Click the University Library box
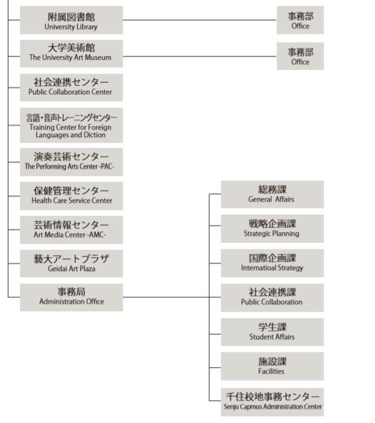click(x=72, y=20)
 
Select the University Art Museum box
click(x=72, y=53)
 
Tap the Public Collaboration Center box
click(x=72, y=87)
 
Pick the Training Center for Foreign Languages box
click(x=72, y=125)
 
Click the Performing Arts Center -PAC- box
click(x=72, y=162)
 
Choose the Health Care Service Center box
click(x=72, y=196)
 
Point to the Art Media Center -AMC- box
click(x=72, y=230)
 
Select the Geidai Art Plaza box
click(x=72, y=263)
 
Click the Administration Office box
click(x=72, y=297)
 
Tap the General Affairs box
click(x=272, y=194)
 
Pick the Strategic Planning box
click(x=272, y=229)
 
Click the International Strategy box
click(x=272, y=263)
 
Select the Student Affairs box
click(x=272, y=332)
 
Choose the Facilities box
click(x=272, y=366)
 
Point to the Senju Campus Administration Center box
click(x=272, y=402)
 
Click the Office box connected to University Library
click(x=300, y=20)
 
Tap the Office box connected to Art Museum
click(x=300, y=56)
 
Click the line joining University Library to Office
click(x=200, y=20)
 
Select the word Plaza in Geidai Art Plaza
click(x=87, y=268)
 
